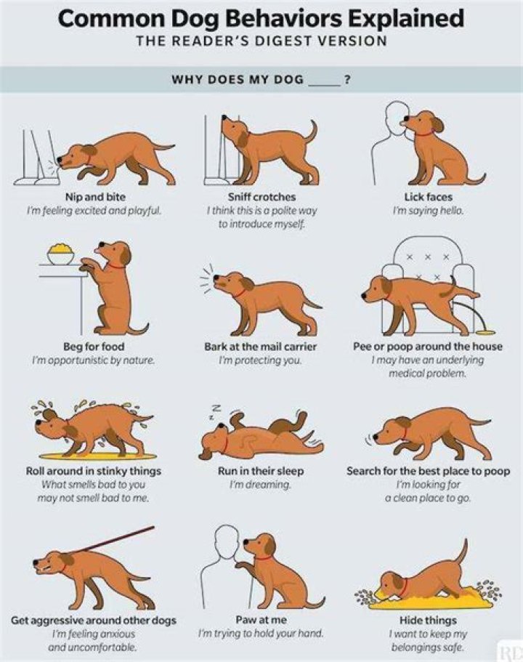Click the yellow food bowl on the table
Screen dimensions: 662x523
[60, 255]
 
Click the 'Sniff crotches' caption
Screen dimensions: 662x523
[261, 196]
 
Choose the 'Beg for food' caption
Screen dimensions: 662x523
[93, 347]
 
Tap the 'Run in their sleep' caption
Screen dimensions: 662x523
[261, 471]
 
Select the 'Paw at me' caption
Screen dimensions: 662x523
[261, 620]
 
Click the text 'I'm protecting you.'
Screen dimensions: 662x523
[261, 360]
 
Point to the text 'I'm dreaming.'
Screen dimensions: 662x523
[261, 485]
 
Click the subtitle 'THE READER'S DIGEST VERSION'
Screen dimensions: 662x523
[261, 41]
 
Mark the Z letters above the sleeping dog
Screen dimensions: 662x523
[215, 411]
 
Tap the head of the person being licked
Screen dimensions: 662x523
[395, 116]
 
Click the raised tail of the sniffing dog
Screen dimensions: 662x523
[313, 132]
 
